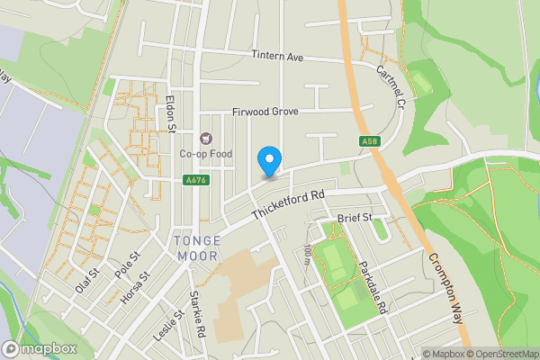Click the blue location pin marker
(268, 160)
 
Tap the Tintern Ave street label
(278, 57)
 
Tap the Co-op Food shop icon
(205, 138)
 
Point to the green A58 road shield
(370, 141)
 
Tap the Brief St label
(355, 219)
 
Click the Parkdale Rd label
(372, 288)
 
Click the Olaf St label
(85, 280)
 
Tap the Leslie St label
(167, 327)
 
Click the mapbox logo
(39, 347)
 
